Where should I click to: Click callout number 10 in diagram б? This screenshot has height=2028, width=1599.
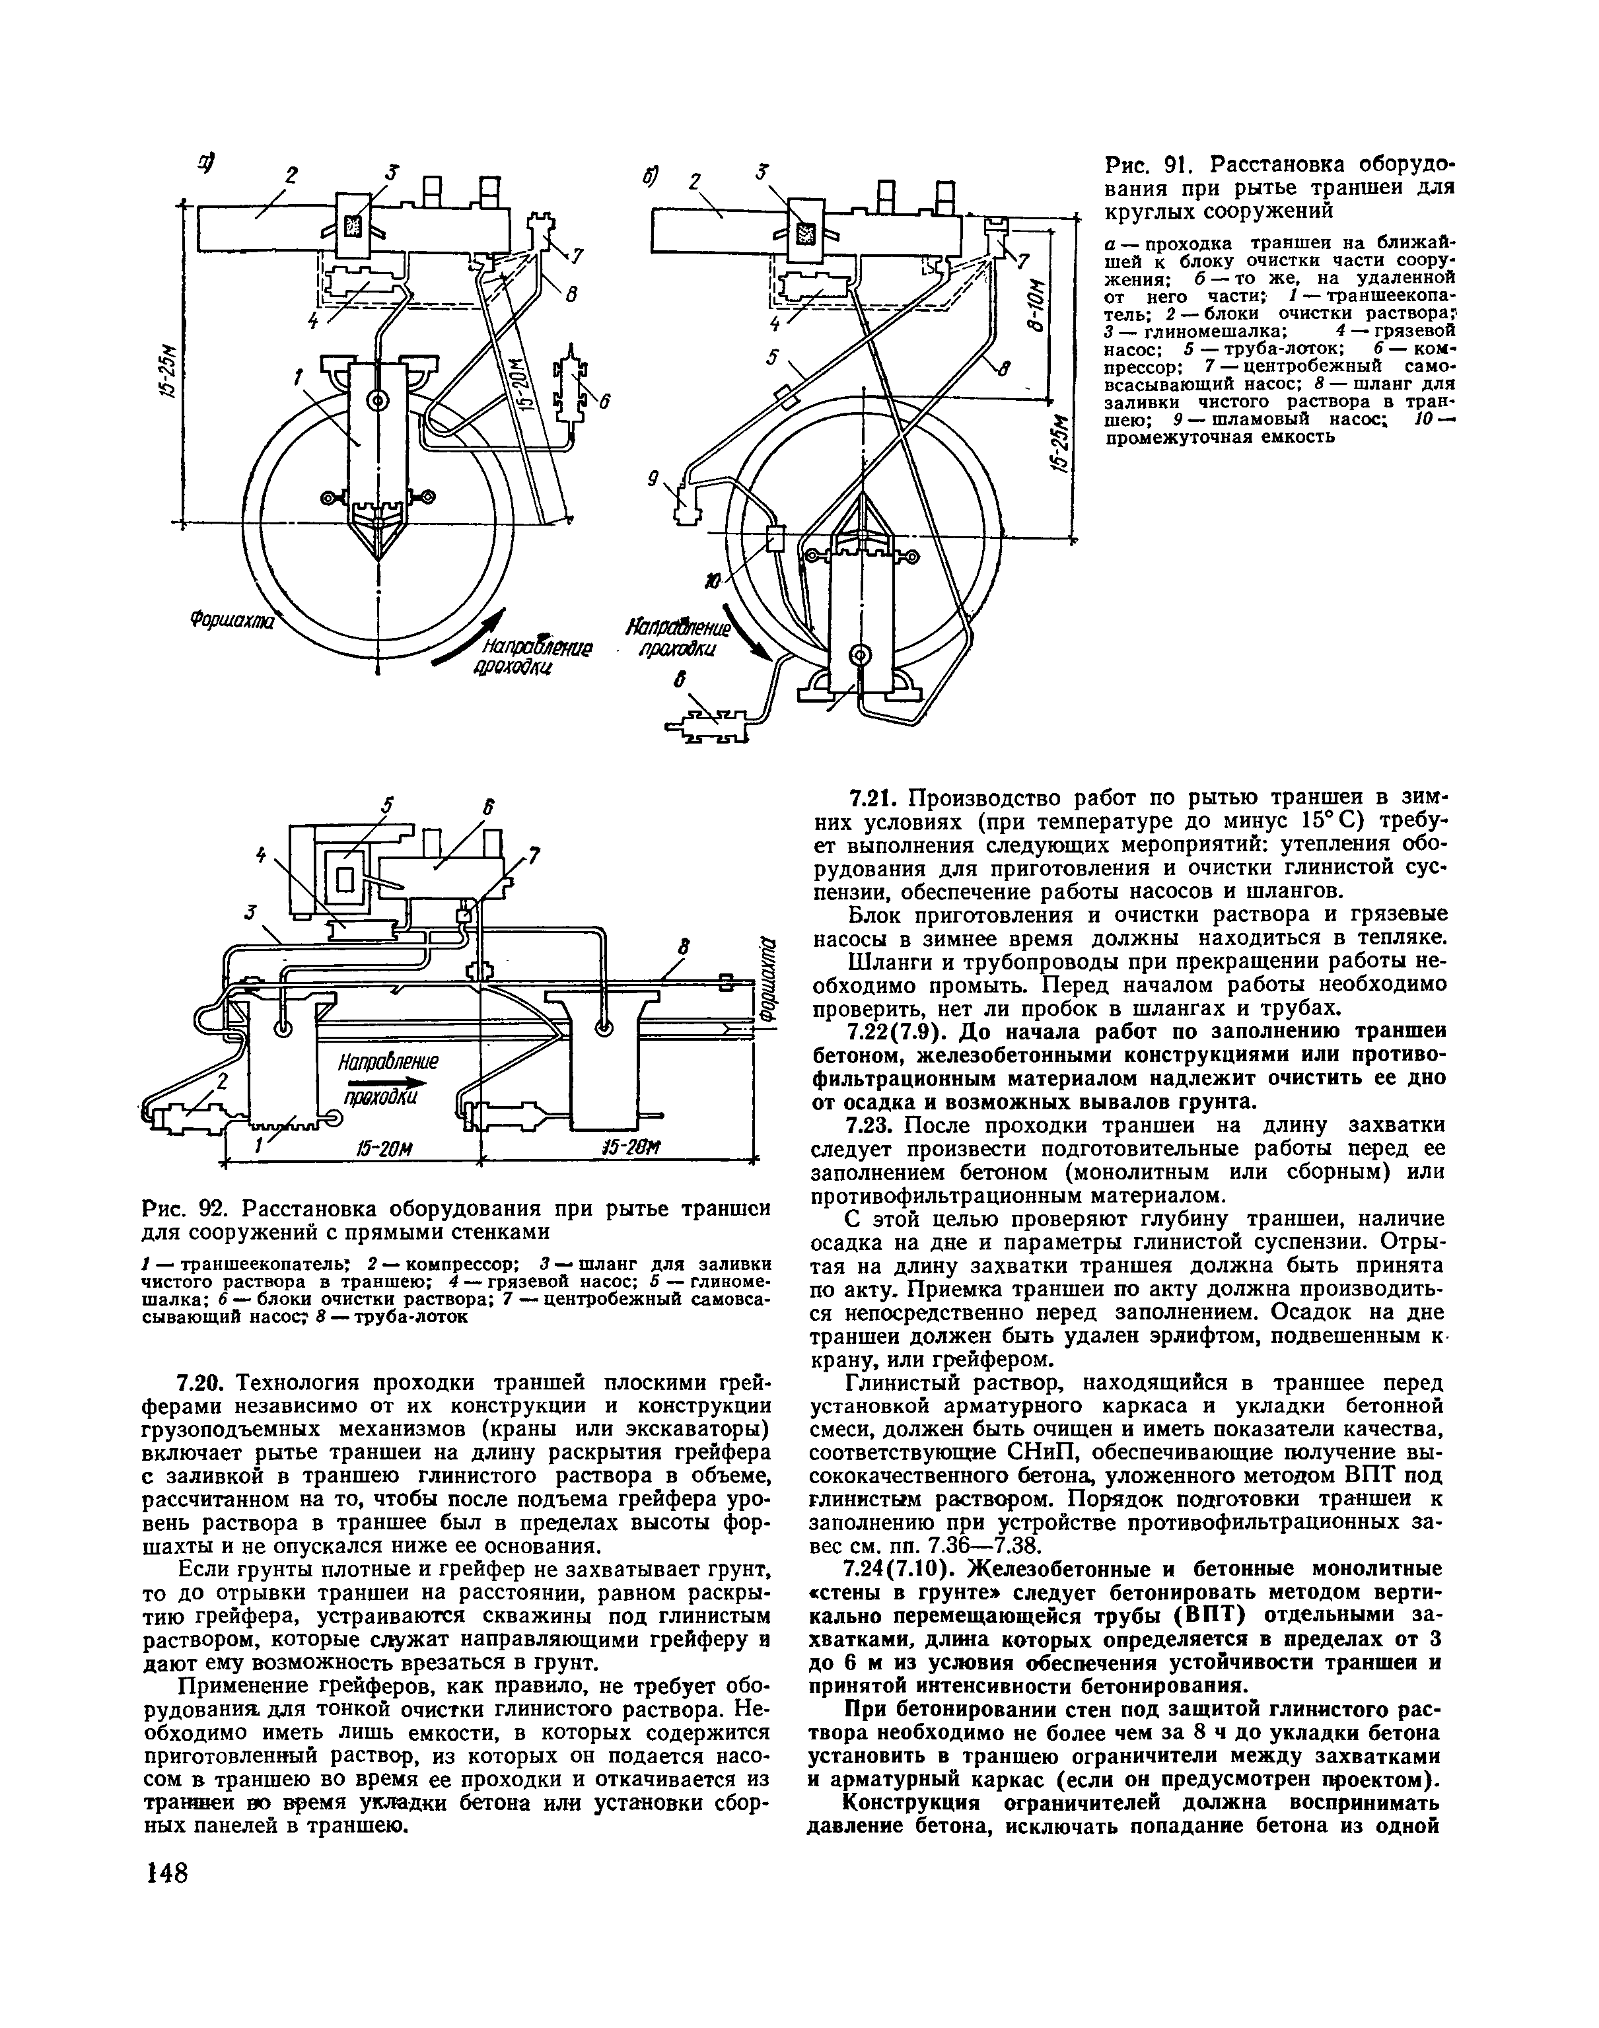click(x=715, y=583)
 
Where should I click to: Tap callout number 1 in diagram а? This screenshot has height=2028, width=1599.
click(x=299, y=378)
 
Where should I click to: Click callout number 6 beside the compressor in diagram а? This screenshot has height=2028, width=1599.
click(x=605, y=402)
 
